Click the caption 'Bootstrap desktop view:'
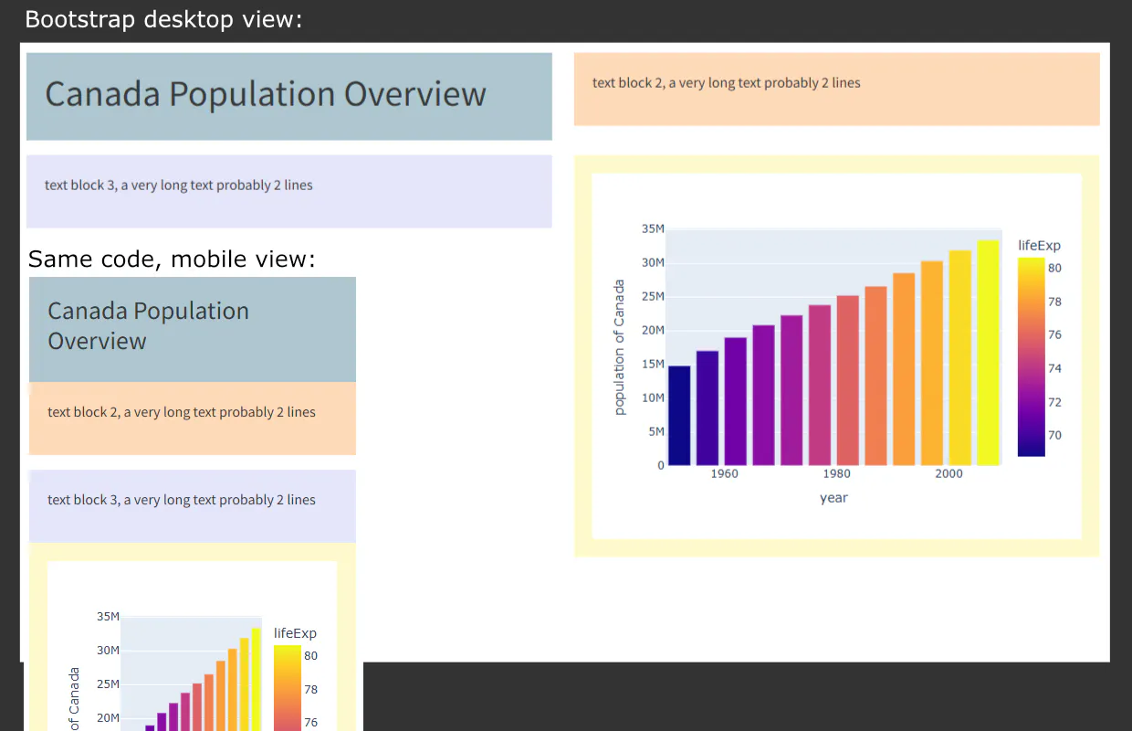(x=163, y=19)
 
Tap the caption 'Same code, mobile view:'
(x=172, y=260)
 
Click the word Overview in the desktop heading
(x=414, y=94)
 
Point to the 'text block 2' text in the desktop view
(x=726, y=82)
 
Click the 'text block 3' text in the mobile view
(x=181, y=500)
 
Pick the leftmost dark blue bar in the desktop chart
(x=679, y=415)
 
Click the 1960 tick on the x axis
(x=724, y=473)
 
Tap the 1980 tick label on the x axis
(x=836, y=473)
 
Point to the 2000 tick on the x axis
(x=949, y=473)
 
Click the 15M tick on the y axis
(x=652, y=364)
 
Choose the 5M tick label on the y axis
(x=655, y=431)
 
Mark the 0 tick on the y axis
(x=660, y=465)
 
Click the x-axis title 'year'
(x=833, y=498)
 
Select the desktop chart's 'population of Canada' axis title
(x=620, y=347)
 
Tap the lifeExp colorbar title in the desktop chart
(x=1039, y=245)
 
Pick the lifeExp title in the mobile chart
(x=295, y=633)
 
